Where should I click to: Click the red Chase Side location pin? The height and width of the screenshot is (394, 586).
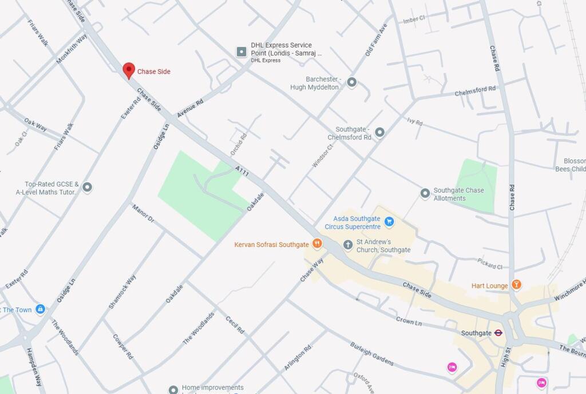point(129,70)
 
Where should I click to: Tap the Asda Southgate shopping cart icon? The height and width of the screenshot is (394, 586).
point(389,221)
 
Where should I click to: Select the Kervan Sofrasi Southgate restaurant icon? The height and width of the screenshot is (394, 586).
point(316,244)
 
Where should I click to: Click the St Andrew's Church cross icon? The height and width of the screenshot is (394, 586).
point(347,245)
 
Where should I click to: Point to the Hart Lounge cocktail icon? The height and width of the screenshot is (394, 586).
point(516,285)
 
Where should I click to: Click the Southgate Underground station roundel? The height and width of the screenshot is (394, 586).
point(498,333)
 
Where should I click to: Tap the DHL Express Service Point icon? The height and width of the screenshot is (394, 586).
point(241,52)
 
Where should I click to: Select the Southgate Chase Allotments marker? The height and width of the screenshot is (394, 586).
point(425,194)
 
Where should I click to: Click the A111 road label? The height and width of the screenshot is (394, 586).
point(241,170)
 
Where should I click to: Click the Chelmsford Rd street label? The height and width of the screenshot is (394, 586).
point(475,90)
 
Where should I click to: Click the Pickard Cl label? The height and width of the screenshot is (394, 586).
point(490,263)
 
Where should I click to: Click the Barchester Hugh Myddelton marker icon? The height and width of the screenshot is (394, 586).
point(351,82)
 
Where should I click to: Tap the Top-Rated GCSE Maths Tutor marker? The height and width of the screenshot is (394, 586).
point(87,188)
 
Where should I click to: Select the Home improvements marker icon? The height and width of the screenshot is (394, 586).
point(173,389)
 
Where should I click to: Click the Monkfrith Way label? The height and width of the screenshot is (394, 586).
point(72,49)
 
